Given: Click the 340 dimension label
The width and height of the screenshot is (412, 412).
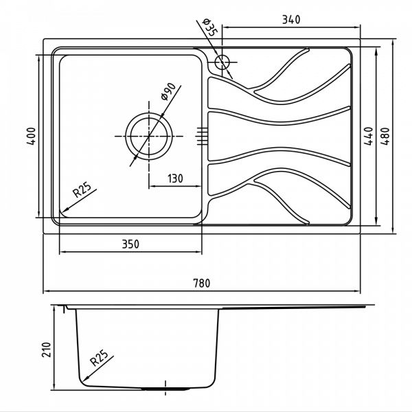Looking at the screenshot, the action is coord(291,19).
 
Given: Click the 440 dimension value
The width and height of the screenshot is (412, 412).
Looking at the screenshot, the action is coord(369,136).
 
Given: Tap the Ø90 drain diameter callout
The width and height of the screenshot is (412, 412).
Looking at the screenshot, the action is coord(168,91).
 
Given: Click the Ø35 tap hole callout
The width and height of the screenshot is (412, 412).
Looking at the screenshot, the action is coord(209,28).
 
